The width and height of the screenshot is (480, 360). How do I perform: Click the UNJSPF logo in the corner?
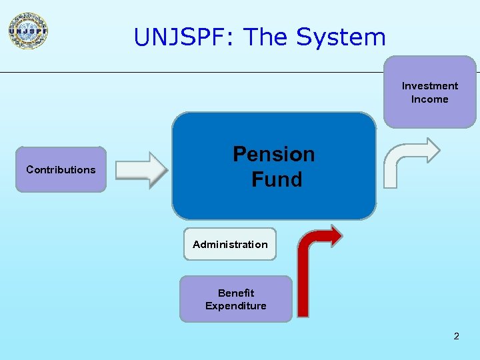[28, 31]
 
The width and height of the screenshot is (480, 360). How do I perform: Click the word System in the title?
[341, 37]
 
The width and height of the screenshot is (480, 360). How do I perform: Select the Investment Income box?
[430, 92]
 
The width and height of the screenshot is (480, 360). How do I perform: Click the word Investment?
[430, 86]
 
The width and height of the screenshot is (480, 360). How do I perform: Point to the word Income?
[430, 99]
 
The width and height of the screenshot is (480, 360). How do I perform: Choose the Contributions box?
[61, 169]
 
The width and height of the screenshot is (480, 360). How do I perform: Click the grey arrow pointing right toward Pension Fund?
[141, 170]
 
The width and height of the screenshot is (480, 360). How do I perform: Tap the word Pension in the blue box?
[273, 155]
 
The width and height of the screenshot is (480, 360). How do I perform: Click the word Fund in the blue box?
[277, 179]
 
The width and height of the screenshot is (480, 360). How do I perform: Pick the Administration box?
[230, 244]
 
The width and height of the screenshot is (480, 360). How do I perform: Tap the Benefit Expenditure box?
[235, 299]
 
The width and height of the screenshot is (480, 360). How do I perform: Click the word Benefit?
[236, 293]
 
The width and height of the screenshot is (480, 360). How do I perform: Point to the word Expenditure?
[236, 306]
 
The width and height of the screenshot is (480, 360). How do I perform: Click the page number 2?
[457, 336]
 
